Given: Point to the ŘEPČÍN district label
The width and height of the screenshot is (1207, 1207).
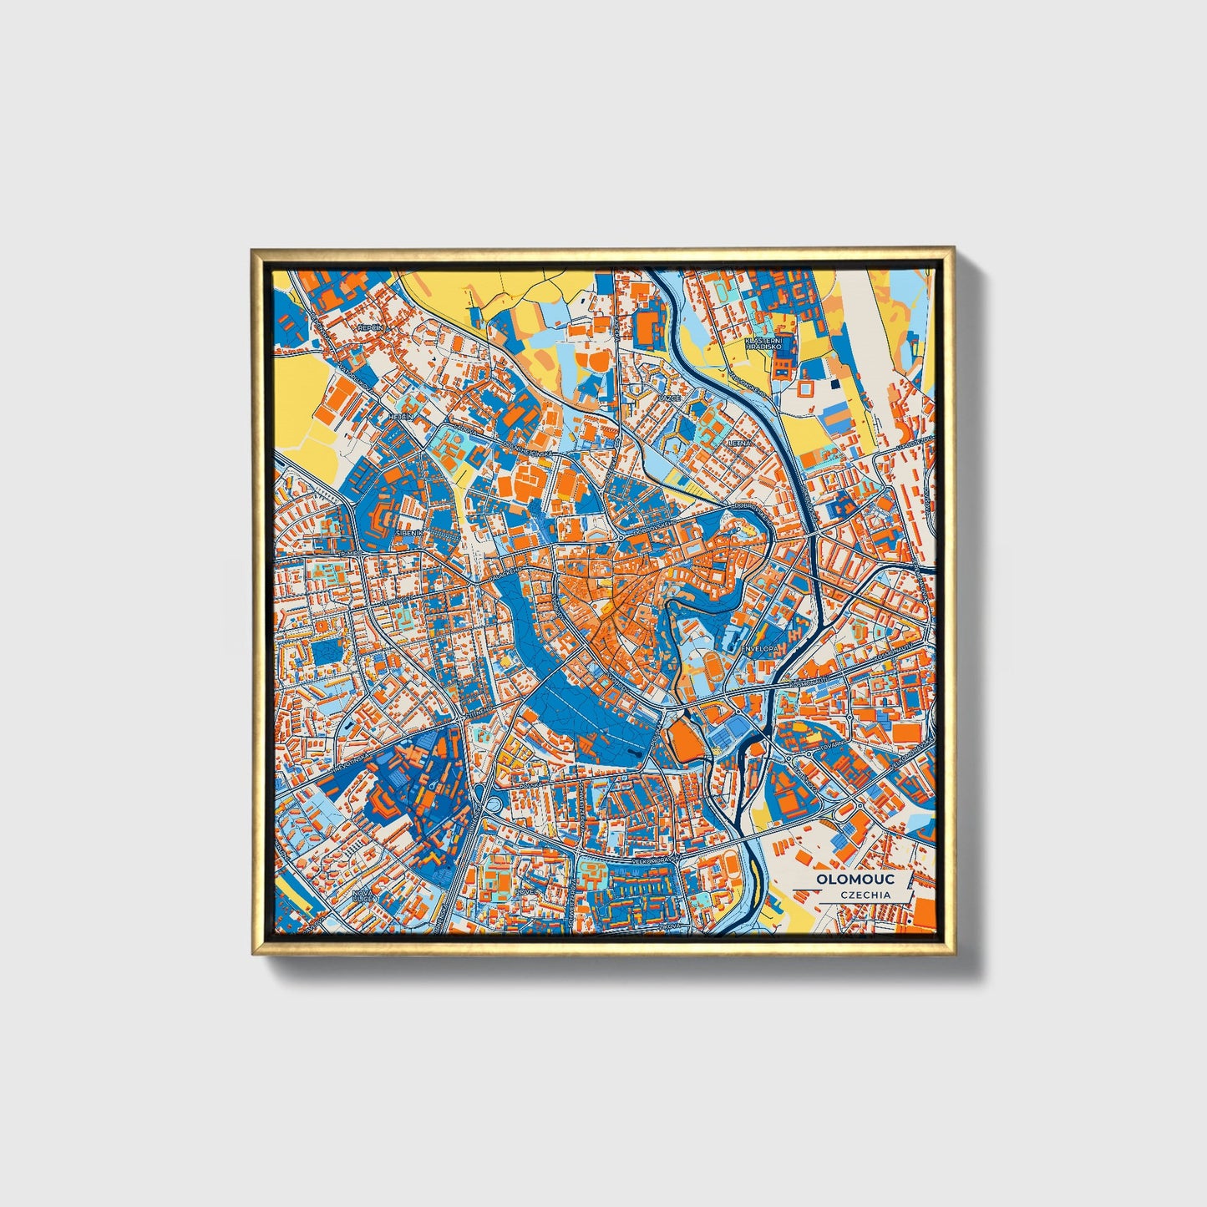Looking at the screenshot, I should [x=369, y=327].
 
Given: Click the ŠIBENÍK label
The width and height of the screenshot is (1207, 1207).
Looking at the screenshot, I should [x=411, y=531].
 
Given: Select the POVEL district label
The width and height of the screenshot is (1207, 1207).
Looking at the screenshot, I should [x=528, y=892].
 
